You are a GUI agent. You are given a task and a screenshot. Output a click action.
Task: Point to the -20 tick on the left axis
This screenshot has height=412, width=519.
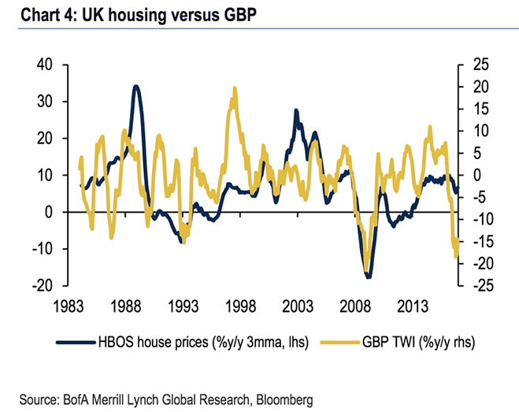[42, 286]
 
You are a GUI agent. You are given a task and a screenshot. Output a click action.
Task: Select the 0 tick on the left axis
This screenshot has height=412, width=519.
[49, 212]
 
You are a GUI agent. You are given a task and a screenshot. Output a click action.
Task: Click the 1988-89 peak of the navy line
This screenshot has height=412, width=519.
[136, 87]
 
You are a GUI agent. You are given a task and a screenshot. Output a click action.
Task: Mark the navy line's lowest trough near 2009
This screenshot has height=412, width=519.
[368, 277]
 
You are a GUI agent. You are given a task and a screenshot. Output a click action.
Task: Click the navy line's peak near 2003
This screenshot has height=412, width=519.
[296, 111]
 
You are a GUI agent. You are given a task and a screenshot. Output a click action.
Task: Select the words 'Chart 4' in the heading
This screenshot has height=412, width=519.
[30, 13]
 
